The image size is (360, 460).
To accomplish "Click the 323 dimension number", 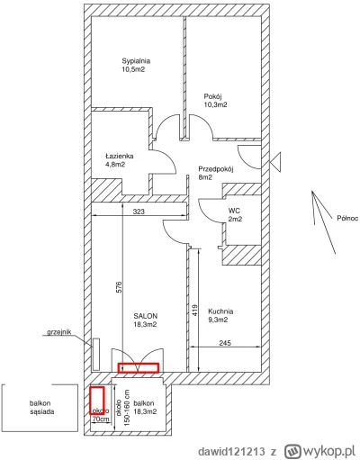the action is click(x=139, y=212).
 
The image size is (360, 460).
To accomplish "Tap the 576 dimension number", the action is click(x=119, y=287).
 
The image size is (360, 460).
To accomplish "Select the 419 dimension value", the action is click(x=194, y=311).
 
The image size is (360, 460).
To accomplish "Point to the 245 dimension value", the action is click(x=225, y=343).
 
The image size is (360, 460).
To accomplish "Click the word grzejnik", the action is click(x=59, y=332).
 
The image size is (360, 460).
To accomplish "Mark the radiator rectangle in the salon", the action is click(x=96, y=354).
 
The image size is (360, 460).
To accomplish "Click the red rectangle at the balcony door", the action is click(x=139, y=367).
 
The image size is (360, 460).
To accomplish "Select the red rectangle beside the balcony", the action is click(x=97, y=401).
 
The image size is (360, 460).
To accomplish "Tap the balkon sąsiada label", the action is click(x=42, y=408).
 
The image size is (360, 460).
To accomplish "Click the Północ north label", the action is click(x=347, y=218).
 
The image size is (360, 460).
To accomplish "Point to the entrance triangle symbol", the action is click(x=275, y=162).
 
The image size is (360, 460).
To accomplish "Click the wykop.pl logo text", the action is click(x=320, y=451).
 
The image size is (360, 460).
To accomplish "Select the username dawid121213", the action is click(x=231, y=451).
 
